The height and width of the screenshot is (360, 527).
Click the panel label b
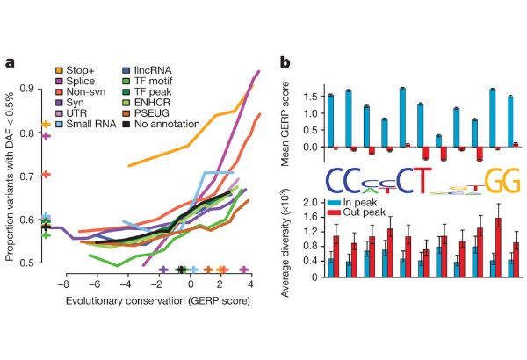pos(285,62)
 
